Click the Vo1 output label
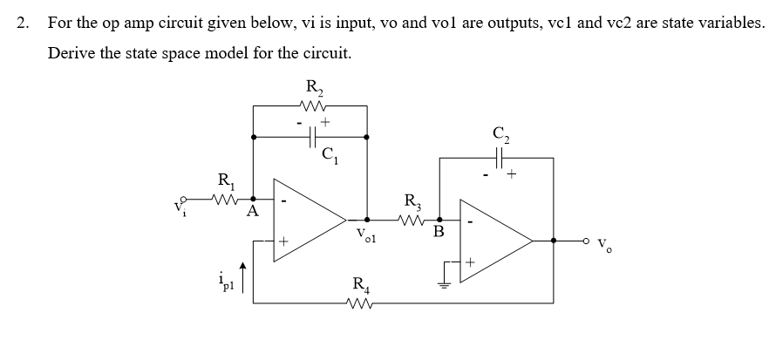[x=365, y=235]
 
